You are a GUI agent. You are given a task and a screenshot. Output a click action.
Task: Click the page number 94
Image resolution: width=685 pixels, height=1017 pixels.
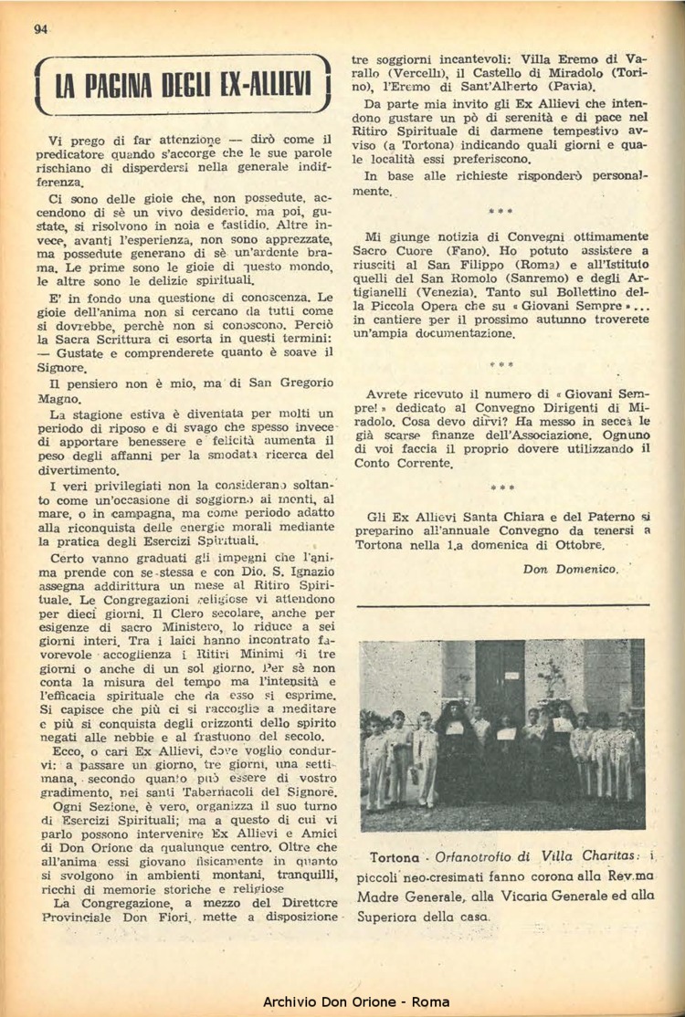pyautogui.click(x=40, y=28)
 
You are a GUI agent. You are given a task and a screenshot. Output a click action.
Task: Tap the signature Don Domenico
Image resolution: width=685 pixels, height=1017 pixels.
pyautogui.click(x=571, y=568)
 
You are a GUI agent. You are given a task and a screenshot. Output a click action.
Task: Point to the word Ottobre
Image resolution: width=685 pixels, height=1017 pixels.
pyautogui.click(x=577, y=544)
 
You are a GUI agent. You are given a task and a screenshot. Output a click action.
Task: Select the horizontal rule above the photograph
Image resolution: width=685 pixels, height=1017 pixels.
pyautogui.click(x=505, y=604)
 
